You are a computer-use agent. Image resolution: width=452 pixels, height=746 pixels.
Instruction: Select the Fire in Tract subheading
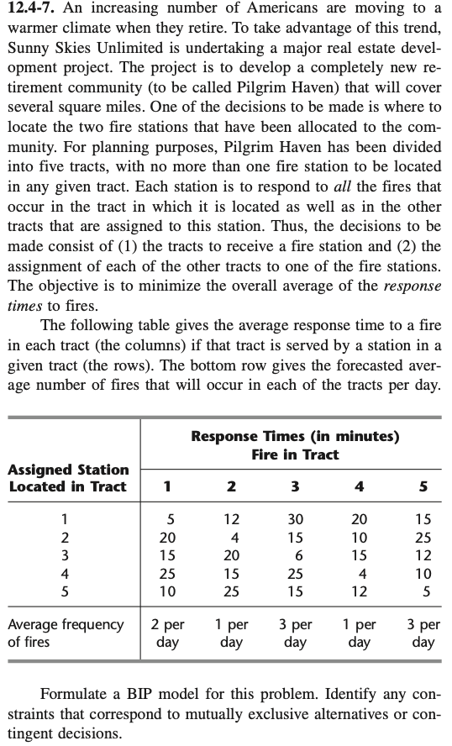coord(295,454)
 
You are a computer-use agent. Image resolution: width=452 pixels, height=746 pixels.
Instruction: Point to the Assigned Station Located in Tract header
coord(68,477)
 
